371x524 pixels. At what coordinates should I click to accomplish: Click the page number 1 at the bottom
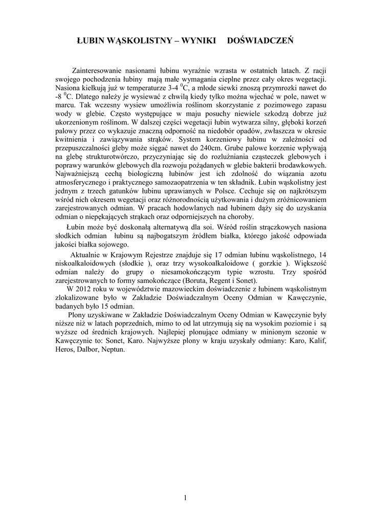[x=185, y=498]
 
